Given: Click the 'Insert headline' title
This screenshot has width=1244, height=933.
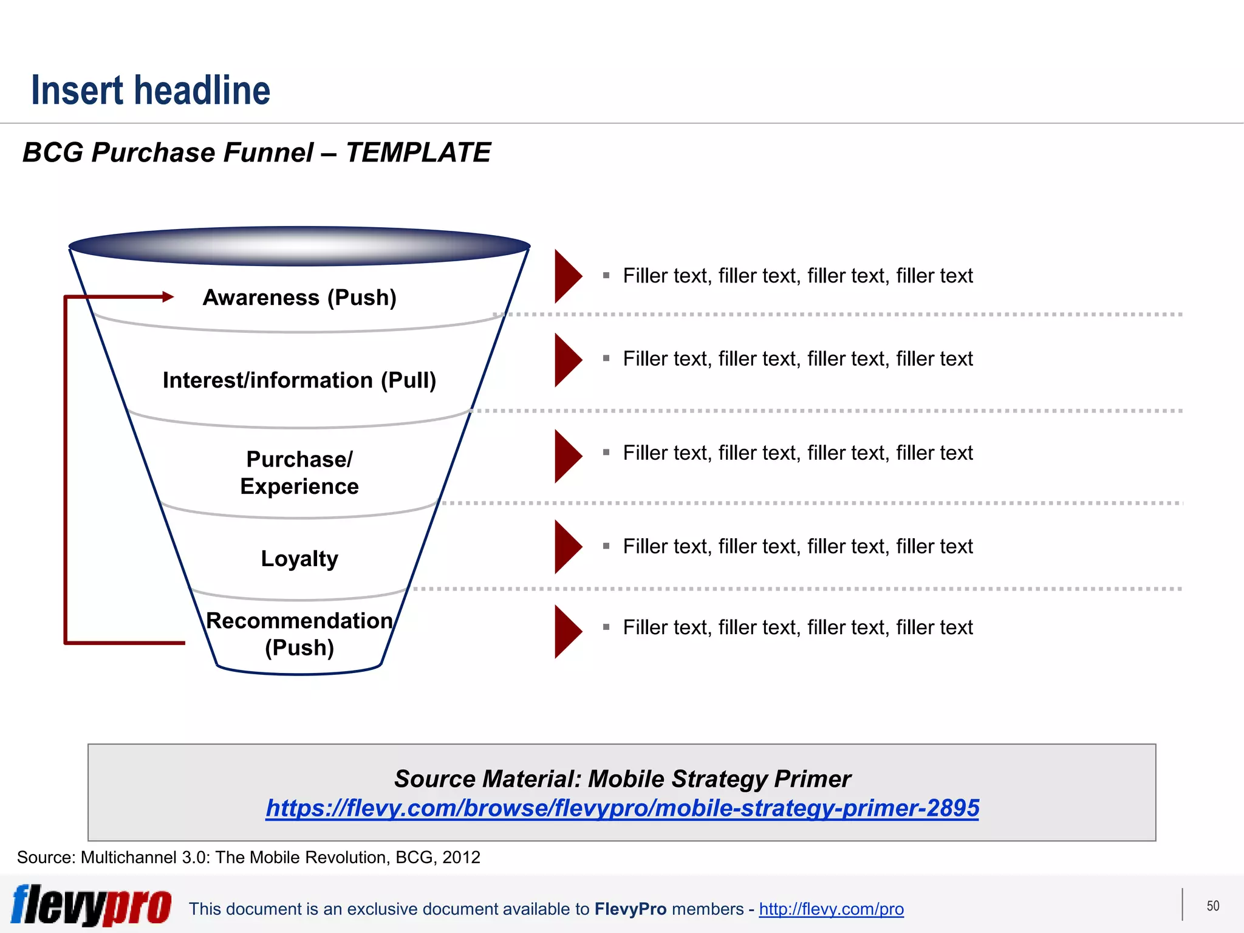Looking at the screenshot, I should click(x=151, y=91).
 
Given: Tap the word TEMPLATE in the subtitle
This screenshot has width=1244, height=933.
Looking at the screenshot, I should click(x=418, y=152).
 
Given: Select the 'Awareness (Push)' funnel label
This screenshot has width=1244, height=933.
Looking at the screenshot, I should click(x=299, y=298).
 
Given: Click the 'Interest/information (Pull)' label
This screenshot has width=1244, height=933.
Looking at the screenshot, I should click(x=299, y=380).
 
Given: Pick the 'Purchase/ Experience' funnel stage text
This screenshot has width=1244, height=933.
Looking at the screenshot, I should click(x=299, y=473).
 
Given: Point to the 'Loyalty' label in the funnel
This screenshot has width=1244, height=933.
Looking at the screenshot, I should click(x=299, y=558).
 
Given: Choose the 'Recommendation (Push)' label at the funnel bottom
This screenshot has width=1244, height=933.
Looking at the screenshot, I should click(x=299, y=634).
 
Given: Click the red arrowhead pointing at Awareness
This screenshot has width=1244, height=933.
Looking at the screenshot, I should click(x=168, y=297).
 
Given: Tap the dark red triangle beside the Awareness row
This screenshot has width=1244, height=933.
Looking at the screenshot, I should click(x=567, y=276).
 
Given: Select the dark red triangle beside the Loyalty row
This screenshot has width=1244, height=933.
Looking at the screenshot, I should click(x=567, y=547).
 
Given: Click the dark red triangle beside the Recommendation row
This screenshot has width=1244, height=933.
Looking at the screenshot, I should click(x=567, y=632).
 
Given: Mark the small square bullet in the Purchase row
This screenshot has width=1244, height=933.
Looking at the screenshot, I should click(x=606, y=453).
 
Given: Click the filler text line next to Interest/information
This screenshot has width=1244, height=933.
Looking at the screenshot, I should click(x=798, y=358).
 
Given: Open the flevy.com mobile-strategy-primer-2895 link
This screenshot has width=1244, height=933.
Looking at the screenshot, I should click(x=622, y=808).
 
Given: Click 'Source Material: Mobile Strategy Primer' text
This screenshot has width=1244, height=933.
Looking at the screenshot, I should click(x=622, y=779).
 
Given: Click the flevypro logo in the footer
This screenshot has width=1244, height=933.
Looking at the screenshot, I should click(x=91, y=905).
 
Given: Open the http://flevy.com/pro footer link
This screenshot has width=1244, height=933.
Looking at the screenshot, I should click(x=831, y=909).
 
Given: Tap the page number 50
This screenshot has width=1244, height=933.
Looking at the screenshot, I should click(x=1212, y=906).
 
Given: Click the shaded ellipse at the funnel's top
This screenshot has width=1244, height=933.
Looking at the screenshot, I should click(x=299, y=246).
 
